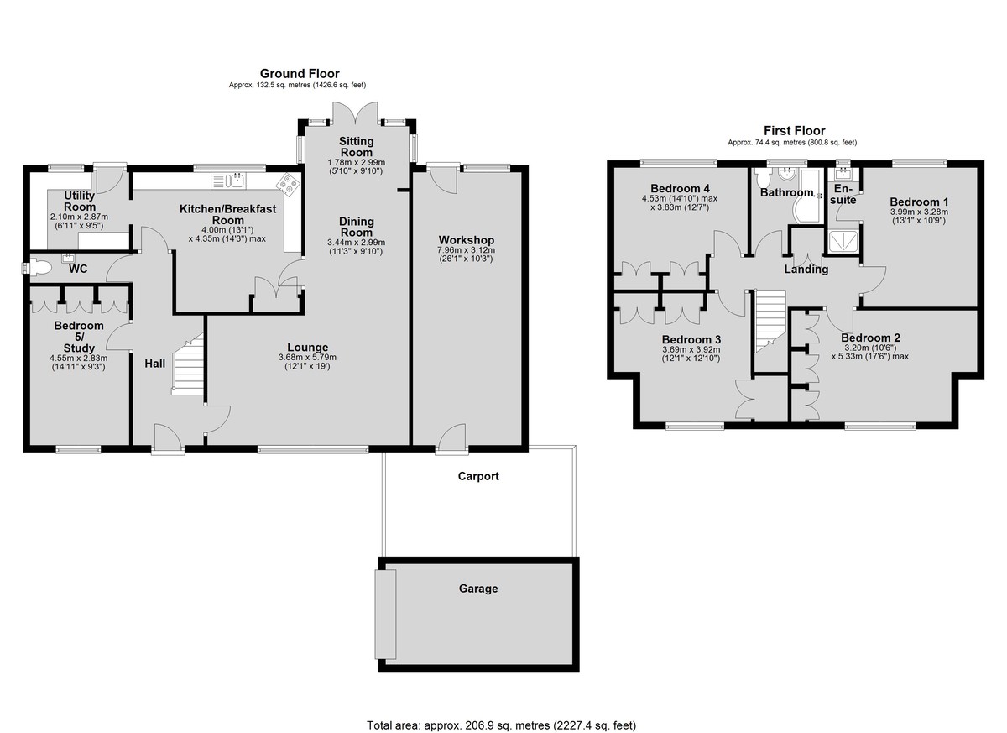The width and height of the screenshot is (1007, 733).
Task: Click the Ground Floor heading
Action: (300, 73)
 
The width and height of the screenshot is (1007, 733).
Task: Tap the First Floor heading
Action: (795, 131)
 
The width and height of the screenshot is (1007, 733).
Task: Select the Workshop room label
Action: (467, 240)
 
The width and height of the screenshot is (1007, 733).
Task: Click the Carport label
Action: (478, 476)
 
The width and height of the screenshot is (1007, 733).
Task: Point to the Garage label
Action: (478, 589)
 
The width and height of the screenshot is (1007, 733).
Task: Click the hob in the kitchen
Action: (289, 185)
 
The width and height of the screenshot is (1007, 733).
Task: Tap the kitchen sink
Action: (229, 181)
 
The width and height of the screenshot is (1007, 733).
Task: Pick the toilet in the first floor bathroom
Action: (763, 178)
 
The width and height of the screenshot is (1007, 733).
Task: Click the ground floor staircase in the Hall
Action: (187, 364)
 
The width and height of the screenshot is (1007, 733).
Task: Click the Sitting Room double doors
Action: (355, 113)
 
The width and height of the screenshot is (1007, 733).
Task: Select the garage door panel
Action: (385, 615)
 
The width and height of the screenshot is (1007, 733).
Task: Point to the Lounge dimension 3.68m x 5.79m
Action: (307, 358)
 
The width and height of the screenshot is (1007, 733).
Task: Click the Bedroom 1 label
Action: (919, 202)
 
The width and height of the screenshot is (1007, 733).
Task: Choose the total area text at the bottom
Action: (501, 713)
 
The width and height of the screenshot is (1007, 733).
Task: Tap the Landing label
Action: (806, 270)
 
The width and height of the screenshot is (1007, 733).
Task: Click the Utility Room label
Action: (80, 202)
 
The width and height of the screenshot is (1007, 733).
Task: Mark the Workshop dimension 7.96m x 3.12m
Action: (467, 250)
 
